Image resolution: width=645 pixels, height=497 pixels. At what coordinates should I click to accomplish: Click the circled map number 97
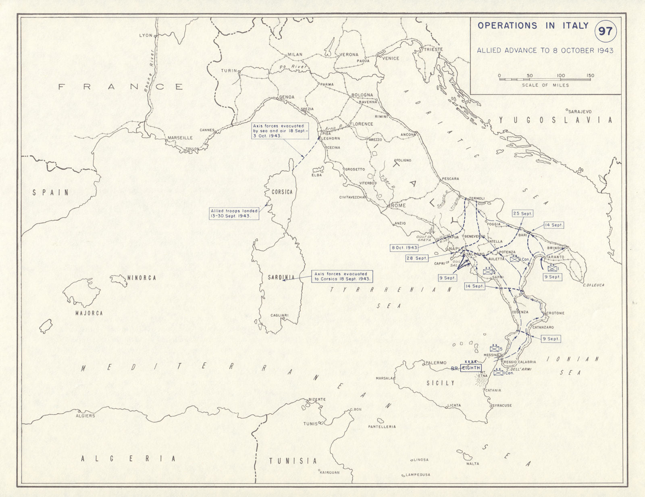(605, 31)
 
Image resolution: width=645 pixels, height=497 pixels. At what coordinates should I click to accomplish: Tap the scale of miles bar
(545, 79)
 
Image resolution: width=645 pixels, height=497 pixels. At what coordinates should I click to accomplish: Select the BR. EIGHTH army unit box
(470, 368)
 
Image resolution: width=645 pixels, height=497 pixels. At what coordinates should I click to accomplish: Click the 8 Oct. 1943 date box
(404, 247)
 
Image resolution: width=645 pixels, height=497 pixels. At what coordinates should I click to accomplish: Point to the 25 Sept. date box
(522, 213)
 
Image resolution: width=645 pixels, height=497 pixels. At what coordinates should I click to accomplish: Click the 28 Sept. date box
(416, 258)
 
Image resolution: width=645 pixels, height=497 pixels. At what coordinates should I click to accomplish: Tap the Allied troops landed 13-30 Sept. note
(234, 213)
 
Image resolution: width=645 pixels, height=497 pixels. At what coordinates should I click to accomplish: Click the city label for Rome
(398, 206)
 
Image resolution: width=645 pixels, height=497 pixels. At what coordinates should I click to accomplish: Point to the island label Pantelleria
(382, 426)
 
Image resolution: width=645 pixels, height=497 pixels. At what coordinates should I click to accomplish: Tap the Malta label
(472, 464)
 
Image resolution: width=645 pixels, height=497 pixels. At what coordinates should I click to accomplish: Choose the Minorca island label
(141, 278)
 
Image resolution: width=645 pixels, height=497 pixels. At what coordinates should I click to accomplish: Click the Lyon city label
(146, 35)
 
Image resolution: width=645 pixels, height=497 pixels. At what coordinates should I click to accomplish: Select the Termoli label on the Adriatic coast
(476, 198)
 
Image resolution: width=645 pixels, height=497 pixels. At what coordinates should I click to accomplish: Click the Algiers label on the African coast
(85, 416)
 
